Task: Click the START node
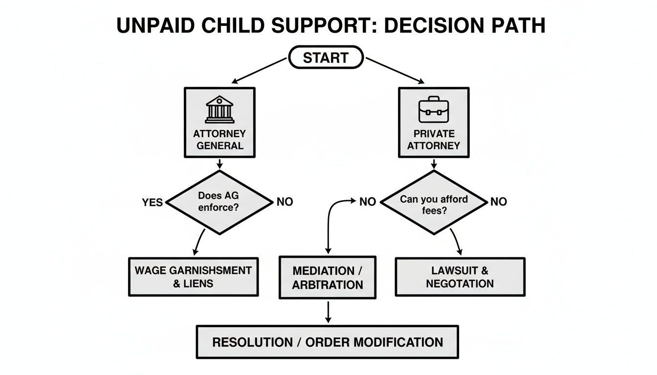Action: point(326,58)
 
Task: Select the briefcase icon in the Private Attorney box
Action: point(433,110)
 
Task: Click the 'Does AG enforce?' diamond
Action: point(219,201)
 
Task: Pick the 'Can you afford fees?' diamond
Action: point(434,201)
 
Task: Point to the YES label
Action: point(153,202)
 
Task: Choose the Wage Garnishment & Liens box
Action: point(193,277)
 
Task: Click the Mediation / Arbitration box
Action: point(328,277)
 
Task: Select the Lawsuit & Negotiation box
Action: point(460,277)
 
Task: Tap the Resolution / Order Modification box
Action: point(328,342)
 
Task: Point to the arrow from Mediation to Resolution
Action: point(328,311)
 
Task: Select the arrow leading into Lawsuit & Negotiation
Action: point(458,242)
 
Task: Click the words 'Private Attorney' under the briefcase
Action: point(434,139)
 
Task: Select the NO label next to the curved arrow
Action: point(367,201)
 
